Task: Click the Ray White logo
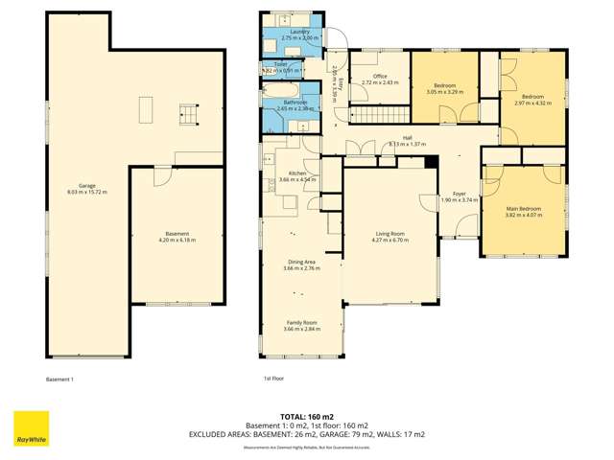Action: coord(31,428)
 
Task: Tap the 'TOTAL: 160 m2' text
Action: coord(307,417)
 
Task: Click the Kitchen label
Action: coord(297,173)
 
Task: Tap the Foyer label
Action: coord(459,195)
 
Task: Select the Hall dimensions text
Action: coord(407,145)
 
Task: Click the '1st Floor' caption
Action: coord(273,379)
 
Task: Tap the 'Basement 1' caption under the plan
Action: coord(59,379)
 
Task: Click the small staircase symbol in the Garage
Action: coord(187,116)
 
